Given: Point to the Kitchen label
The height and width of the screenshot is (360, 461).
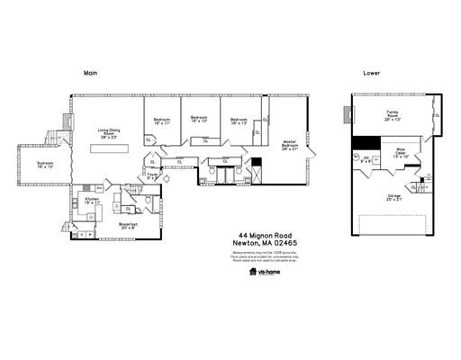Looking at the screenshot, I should pos(92,202).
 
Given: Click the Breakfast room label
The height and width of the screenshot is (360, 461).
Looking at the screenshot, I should pos(127,226).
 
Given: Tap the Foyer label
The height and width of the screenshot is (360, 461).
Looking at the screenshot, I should pos(153,176).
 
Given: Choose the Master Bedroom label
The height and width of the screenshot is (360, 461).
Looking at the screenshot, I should pos(289,144).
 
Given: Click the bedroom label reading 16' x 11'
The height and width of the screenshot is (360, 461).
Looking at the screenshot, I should pos(162,121).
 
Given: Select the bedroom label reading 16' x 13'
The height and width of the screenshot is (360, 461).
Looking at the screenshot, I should pos(239,121).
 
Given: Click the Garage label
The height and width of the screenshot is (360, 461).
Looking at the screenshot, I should pos(393,197).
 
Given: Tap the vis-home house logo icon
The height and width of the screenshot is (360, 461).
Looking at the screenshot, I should pos(252,268).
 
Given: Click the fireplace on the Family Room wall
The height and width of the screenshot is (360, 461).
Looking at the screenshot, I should pos(346,114).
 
